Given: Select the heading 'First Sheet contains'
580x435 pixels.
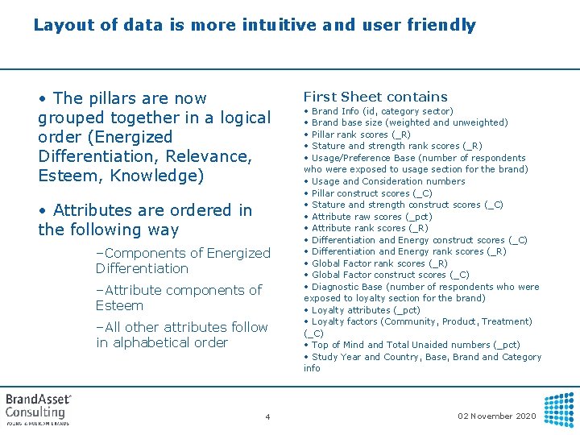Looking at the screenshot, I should (375, 97).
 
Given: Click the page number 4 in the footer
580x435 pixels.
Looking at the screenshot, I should (267, 416).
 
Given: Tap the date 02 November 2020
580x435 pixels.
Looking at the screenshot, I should (497, 416).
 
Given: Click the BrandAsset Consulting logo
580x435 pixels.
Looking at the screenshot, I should (39, 408).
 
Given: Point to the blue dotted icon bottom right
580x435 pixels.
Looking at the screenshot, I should (559, 409).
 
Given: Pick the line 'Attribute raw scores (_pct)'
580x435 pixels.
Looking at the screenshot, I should (371, 217).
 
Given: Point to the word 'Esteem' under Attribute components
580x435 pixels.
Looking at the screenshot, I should (119, 305).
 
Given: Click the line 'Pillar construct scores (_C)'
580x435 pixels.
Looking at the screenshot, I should (371, 193).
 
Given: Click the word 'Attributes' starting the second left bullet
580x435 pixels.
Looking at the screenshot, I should (93, 210).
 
